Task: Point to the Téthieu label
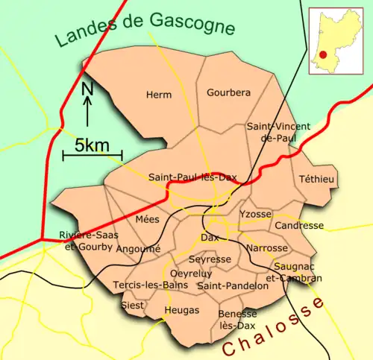(x=317, y=180)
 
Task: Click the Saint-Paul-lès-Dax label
(x=192, y=177)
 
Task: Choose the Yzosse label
(x=254, y=214)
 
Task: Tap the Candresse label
(x=299, y=225)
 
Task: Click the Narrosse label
(x=266, y=247)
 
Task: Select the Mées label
(x=148, y=219)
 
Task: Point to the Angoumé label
(x=139, y=248)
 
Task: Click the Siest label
(x=130, y=306)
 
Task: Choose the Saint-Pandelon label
(x=233, y=285)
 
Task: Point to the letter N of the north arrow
(x=87, y=89)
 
